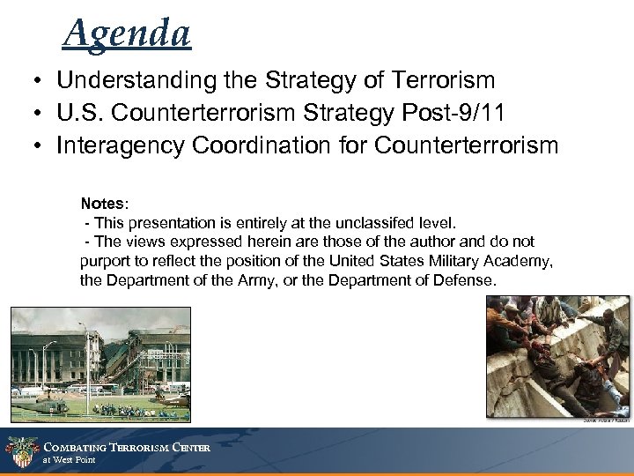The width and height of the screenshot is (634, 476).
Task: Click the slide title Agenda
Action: (x=127, y=34)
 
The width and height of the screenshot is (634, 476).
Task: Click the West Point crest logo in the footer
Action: (x=18, y=451)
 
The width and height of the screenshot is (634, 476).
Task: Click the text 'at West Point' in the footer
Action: (x=70, y=460)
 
